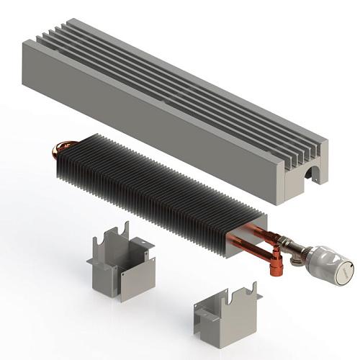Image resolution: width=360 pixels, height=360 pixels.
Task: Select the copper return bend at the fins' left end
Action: coord(56,152)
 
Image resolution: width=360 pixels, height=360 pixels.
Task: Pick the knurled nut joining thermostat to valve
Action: coord(306,252)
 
